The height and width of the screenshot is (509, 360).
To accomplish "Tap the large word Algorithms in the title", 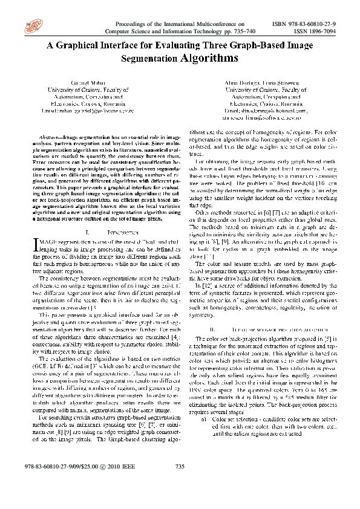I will (x=207, y=58).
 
